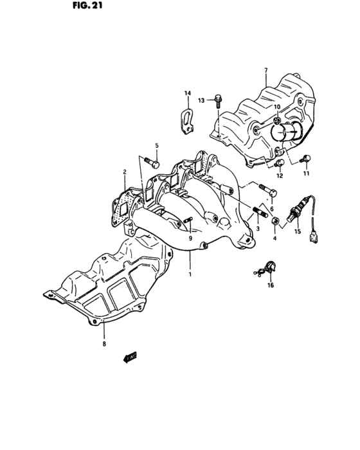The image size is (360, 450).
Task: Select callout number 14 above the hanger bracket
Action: [188, 94]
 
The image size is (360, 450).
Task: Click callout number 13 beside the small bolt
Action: [201, 100]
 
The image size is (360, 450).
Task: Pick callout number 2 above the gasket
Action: [125, 172]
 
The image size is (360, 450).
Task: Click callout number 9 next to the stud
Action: [190, 239]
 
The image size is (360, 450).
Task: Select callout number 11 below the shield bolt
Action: [307, 174]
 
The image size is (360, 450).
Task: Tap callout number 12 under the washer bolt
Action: [280, 175]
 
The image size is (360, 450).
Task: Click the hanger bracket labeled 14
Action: [186, 120]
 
